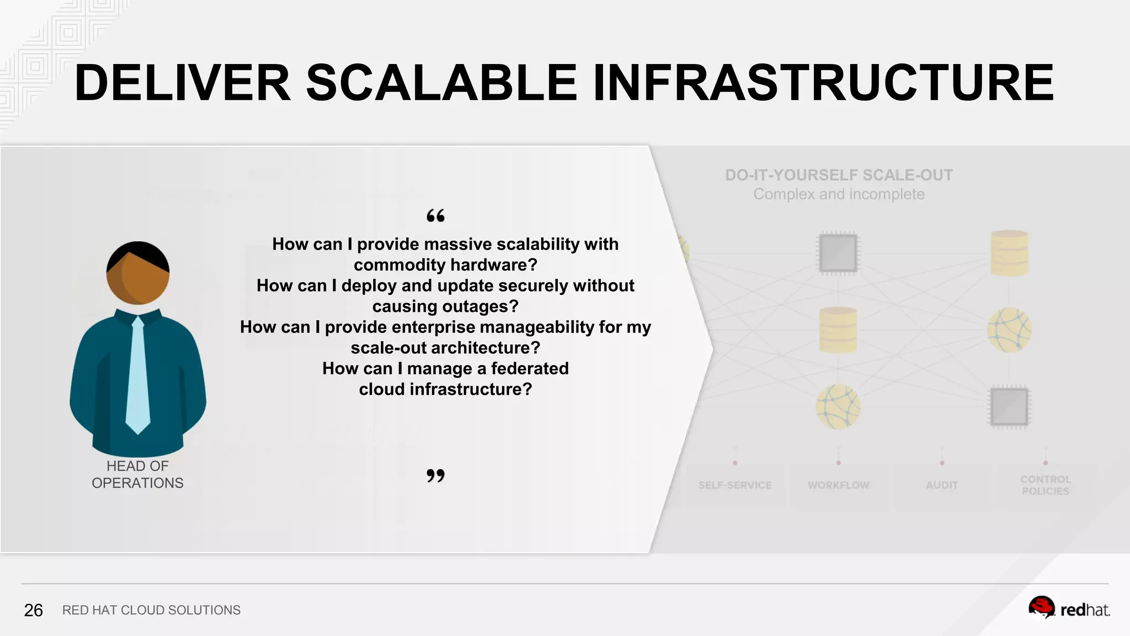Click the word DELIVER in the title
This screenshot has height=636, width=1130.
click(182, 83)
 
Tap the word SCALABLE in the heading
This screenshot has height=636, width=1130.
click(441, 83)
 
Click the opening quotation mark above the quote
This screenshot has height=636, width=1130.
click(435, 216)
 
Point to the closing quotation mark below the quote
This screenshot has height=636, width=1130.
click(435, 475)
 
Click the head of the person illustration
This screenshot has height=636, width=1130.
click(138, 273)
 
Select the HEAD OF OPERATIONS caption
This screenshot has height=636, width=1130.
click(137, 474)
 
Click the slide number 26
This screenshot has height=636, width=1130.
click(33, 610)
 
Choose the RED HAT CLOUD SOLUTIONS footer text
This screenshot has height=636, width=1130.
click(151, 610)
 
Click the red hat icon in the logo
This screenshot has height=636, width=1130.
click(1041, 607)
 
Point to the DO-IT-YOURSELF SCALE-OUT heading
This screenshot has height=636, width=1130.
click(839, 175)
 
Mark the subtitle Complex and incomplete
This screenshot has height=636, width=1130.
click(839, 194)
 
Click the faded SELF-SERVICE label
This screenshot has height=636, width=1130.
click(735, 485)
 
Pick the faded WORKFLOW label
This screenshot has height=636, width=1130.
click(838, 485)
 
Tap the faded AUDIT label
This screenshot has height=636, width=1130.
click(942, 485)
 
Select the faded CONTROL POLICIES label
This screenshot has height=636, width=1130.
click(1045, 485)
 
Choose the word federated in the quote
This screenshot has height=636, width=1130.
click(529, 368)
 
